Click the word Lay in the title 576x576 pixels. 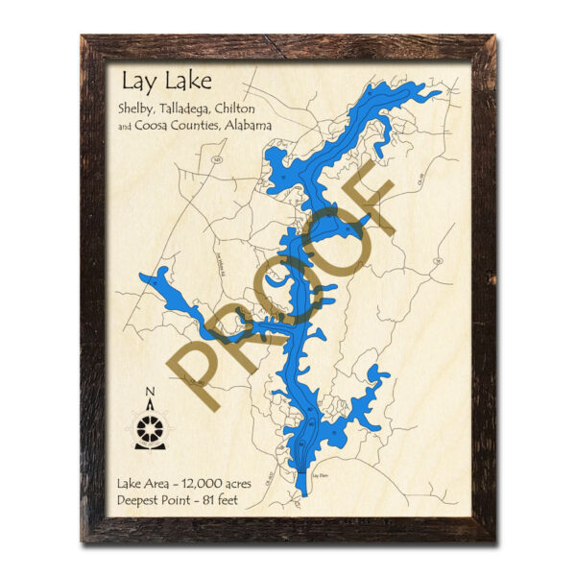pyautogui.click(x=137, y=80)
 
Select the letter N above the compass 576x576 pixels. pyautogui.click(x=150, y=391)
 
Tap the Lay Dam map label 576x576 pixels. pyautogui.click(x=322, y=474)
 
